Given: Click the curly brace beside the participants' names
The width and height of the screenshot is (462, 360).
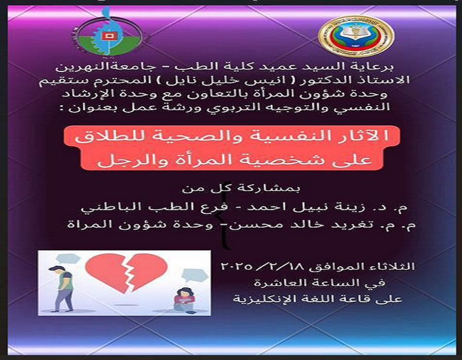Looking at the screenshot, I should coord(225,233).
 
